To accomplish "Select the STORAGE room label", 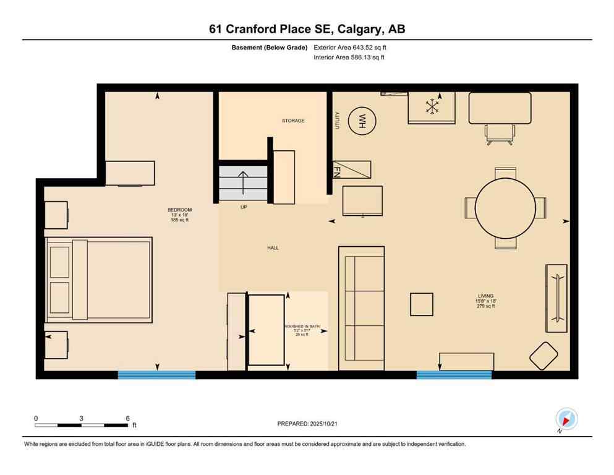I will pyautogui.click(x=293, y=121).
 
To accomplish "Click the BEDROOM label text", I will pyautogui.click(x=176, y=210).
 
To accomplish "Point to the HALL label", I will pyautogui.click(x=273, y=248).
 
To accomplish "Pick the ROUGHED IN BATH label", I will pyautogui.click(x=301, y=326).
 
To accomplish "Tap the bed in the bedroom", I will pyautogui.click(x=99, y=280).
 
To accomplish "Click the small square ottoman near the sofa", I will pyautogui.click(x=422, y=304).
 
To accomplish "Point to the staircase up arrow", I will pyautogui.click(x=243, y=182).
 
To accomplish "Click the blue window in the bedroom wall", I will pyautogui.click(x=156, y=374).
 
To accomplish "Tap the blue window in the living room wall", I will pyautogui.click(x=454, y=374).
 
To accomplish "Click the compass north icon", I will pyautogui.click(x=566, y=419).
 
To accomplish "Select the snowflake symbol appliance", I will pyautogui.click(x=431, y=106).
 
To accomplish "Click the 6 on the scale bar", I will pyautogui.click(x=127, y=418).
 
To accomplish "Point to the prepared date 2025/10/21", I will pyautogui.click(x=309, y=424).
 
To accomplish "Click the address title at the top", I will pyautogui.click(x=307, y=29).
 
